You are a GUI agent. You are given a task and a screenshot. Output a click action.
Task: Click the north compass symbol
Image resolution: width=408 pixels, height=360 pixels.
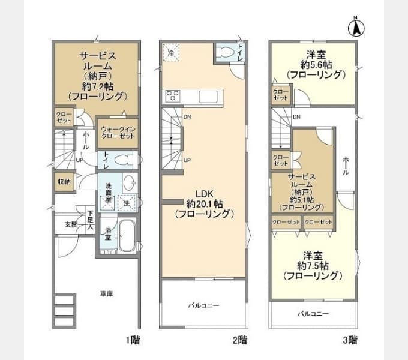[356, 28]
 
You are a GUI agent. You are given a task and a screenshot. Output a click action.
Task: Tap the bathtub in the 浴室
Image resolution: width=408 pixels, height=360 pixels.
[127, 235]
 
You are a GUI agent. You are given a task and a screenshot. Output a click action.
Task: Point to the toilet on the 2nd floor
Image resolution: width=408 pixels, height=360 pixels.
[226, 53]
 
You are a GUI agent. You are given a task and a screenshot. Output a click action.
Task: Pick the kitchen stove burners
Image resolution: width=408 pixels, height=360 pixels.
[172, 95]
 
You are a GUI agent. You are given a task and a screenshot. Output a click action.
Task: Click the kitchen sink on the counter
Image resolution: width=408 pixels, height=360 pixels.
[208, 97]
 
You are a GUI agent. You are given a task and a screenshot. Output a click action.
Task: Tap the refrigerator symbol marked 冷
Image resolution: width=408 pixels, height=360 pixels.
[171, 53]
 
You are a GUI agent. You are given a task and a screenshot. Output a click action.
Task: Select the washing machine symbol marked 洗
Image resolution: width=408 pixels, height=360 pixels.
[127, 203]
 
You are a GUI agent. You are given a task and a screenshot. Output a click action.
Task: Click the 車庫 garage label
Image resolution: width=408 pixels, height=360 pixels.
[106, 294]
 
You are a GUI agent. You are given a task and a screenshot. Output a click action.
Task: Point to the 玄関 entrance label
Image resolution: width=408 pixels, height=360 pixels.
[71, 224]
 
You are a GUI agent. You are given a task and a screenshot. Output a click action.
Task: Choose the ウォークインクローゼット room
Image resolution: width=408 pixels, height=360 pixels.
[118, 133]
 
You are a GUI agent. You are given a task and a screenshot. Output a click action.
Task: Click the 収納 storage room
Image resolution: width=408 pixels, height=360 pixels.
[64, 182]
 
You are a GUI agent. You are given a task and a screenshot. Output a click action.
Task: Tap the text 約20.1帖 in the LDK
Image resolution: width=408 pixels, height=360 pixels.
[205, 203]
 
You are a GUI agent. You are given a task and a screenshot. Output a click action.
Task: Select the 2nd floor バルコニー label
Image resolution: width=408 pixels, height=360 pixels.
[204, 305]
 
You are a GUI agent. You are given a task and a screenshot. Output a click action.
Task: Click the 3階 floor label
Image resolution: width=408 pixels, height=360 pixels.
[350, 340]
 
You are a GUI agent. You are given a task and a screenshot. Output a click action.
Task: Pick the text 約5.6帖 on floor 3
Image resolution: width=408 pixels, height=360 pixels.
[316, 65]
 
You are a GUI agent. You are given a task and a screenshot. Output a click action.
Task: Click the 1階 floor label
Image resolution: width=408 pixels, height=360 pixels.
[133, 340]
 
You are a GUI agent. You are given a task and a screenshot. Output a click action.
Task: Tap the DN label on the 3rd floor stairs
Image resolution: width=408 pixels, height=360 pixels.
[296, 117]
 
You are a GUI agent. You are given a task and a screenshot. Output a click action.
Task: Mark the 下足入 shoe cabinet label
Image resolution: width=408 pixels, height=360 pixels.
[90, 220]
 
